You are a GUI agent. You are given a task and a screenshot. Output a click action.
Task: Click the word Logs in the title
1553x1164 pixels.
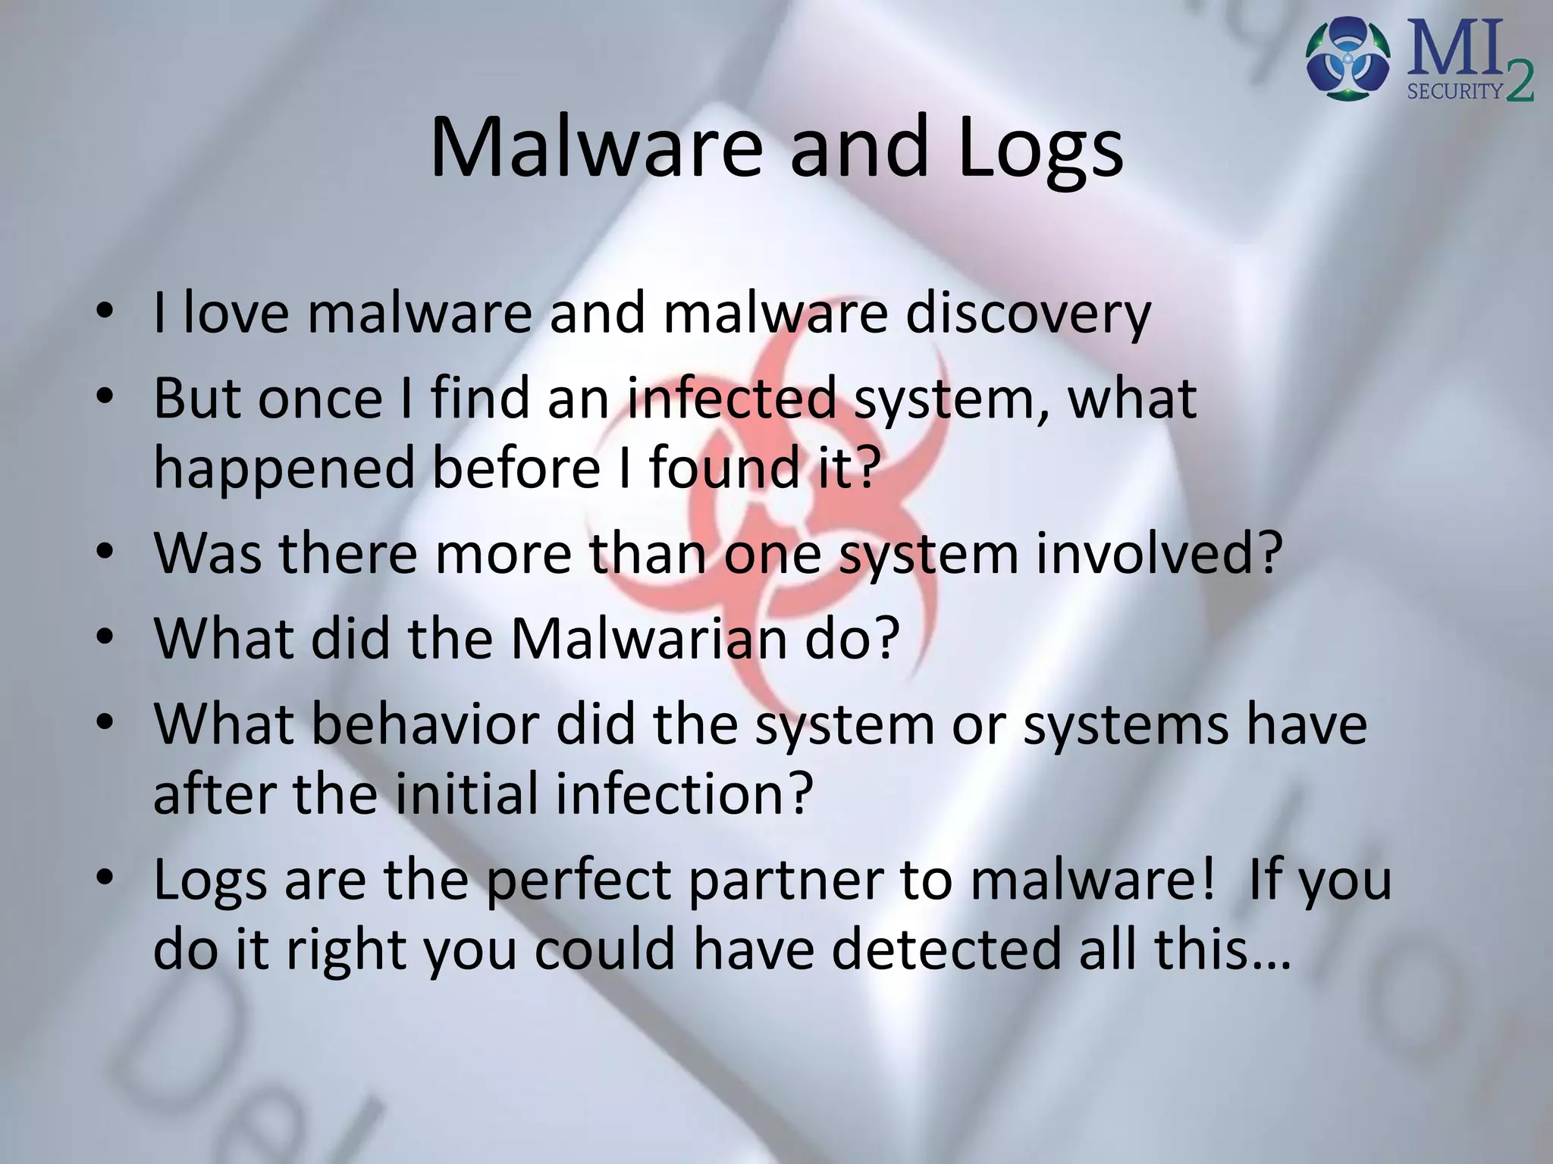point(1040,148)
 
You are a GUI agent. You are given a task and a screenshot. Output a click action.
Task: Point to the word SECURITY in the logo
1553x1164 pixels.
point(1454,92)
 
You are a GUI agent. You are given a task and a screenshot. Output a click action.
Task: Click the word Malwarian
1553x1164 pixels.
point(648,639)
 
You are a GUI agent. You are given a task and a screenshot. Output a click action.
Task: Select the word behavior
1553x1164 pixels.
point(425,724)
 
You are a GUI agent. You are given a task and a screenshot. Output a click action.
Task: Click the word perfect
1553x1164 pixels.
point(579,880)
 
